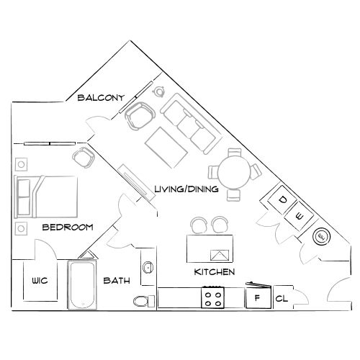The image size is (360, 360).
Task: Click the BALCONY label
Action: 102,98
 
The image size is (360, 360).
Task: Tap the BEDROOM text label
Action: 68,228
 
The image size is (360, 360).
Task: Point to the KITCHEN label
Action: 215,273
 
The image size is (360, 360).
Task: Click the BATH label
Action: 116,281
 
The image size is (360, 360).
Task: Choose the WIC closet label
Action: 39,282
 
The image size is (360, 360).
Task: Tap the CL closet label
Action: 282,297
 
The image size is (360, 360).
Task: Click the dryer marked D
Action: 284,199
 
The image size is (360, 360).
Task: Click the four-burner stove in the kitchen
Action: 213,297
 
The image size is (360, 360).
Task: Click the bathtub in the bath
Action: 84,286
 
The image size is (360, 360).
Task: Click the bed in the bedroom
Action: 47,194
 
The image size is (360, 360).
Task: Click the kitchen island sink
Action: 220,253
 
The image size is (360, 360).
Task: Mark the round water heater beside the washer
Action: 320,235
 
